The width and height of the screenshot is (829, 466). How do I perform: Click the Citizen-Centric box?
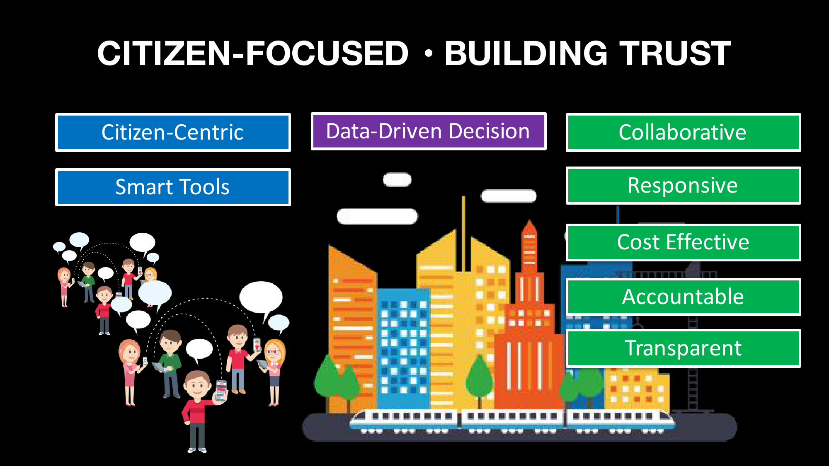(x=173, y=133)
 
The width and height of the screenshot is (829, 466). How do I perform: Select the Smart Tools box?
(x=173, y=187)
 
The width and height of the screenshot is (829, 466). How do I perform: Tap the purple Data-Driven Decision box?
(x=429, y=131)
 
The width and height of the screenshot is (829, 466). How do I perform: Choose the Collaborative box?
(x=683, y=133)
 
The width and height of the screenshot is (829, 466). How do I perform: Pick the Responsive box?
(x=683, y=186)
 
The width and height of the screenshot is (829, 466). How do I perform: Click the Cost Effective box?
(x=683, y=242)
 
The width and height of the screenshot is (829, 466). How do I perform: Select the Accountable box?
(x=683, y=297)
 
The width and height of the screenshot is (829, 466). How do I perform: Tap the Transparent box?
(x=683, y=348)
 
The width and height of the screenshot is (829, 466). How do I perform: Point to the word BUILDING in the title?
(x=526, y=53)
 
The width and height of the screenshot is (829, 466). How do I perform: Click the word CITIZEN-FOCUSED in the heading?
(x=253, y=53)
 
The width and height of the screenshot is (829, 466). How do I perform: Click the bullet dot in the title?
(x=429, y=53)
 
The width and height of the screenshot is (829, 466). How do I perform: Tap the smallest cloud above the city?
(x=397, y=180)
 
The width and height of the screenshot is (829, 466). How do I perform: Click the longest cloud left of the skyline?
(x=377, y=216)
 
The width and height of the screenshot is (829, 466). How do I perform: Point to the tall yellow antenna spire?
(x=463, y=232)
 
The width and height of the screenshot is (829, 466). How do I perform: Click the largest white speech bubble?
(x=261, y=297)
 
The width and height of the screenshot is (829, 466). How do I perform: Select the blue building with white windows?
(x=403, y=348)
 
